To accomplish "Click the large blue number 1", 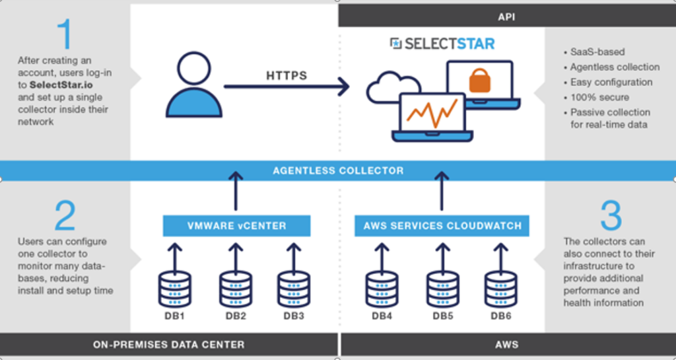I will point(64,34).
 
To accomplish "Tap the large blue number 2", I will point(65,216).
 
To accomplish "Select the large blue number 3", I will point(611,216).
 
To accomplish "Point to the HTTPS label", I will point(287,76).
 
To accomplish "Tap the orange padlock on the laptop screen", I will point(479,81).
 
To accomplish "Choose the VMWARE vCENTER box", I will point(236,226).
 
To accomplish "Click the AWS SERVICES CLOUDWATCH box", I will point(442,226).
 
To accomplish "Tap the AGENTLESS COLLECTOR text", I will point(338,170).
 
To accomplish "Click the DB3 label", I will point(294,316).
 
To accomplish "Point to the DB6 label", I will point(501,316).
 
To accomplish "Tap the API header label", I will point(507,15).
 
